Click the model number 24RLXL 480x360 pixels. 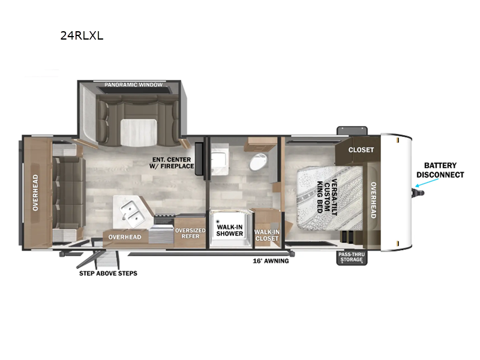(x=82, y=35)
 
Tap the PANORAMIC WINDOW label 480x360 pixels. (x=133, y=85)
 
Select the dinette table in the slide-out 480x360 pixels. (x=138, y=130)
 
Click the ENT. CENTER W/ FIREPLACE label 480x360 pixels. (x=172, y=163)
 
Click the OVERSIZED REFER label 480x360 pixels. (x=190, y=233)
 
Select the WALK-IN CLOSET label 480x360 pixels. (x=266, y=235)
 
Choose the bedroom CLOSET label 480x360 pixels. (x=361, y=149)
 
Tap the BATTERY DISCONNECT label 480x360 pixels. (x=440, y=170)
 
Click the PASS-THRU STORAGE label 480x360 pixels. (x=352, y=257)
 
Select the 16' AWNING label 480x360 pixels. (x=270, y=261)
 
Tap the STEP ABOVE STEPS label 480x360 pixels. (x=108, y=274)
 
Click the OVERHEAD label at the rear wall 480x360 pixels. (x=35, y=192)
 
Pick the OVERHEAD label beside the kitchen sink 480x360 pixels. (x=125, y=237)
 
